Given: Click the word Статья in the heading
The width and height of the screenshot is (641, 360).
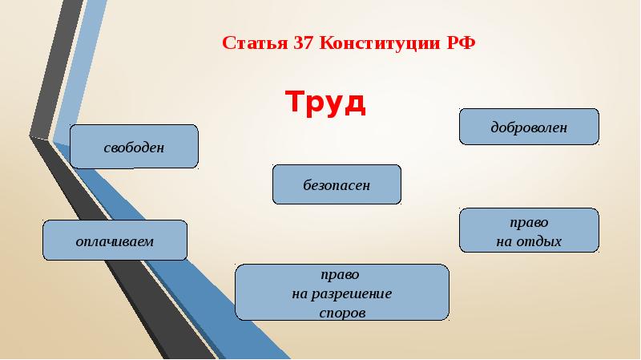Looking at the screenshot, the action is point(244,42).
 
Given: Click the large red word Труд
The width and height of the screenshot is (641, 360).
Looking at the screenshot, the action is point(325,103).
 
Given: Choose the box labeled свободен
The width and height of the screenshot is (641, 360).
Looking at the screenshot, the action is point(134,146).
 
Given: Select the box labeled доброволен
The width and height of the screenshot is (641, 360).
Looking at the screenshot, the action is point(529,127).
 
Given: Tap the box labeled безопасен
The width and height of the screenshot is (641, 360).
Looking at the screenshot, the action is point(337,184).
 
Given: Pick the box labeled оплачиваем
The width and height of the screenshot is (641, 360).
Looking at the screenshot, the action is point(115,241).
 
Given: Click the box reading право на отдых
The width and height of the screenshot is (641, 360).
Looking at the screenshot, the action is point(529,230).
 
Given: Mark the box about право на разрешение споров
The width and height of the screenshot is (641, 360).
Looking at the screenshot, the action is point(341,293).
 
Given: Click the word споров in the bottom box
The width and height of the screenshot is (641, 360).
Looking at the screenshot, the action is point(342,313).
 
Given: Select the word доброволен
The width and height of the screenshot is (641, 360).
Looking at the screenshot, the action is point(529,127).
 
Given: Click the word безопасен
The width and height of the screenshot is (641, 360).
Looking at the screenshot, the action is point(337,185).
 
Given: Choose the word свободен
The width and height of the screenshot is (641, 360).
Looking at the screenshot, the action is point(134,148).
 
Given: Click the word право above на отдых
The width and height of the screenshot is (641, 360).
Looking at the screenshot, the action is point(529,221).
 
